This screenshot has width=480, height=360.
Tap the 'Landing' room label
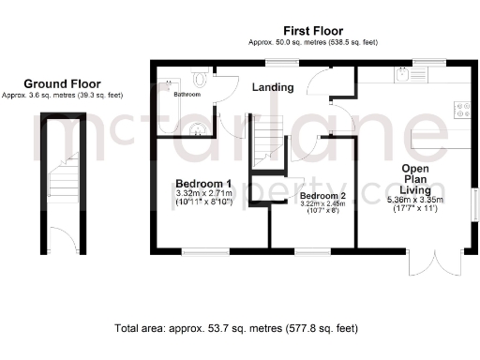point(273,88)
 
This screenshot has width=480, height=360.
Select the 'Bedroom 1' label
point(203,183)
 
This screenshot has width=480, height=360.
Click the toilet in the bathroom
point(200,81)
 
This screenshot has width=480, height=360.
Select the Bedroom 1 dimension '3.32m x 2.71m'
point(203,193)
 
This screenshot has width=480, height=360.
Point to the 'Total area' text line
point(235,329)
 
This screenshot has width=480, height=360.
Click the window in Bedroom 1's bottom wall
point(206,249)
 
